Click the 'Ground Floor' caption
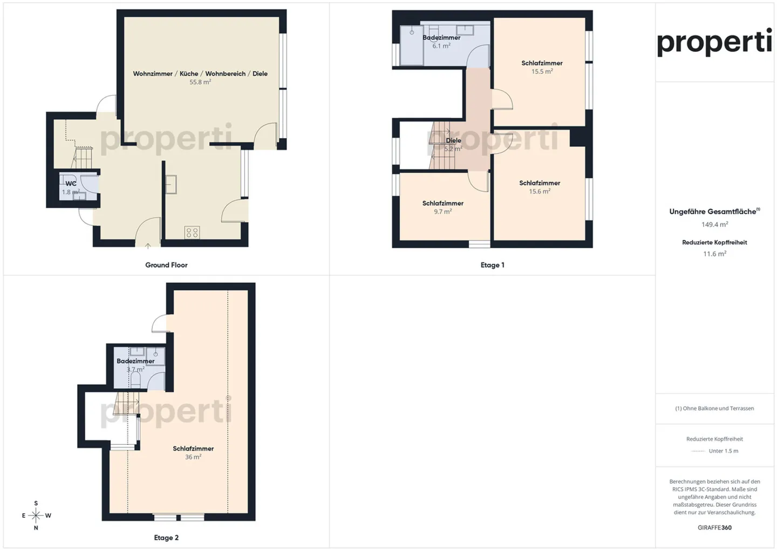166,265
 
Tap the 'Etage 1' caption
492,265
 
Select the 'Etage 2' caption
166,538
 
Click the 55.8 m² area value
200,83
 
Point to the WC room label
71,184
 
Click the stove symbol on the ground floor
192,233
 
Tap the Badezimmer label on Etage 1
441,38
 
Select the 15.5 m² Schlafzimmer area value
542,72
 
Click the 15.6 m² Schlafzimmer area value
540,192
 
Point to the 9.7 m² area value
442,212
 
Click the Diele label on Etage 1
453,140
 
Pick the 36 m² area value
193,457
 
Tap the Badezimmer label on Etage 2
135,361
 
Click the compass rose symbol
36,516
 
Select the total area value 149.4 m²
714,225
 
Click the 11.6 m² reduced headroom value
714,254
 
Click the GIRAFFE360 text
714,528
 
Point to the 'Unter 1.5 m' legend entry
723,451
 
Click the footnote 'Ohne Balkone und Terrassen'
714,409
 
